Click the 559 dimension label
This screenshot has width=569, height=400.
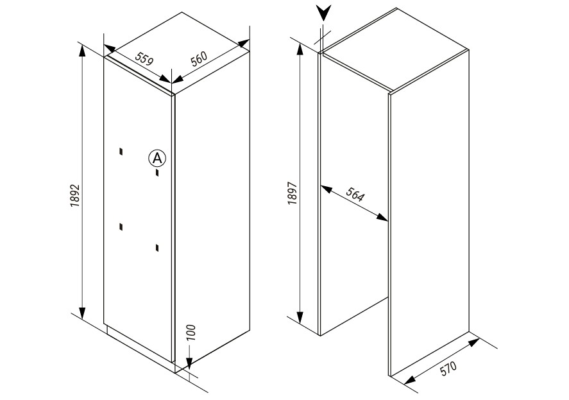pos(144,58)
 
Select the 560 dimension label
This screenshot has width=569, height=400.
pos(200,58)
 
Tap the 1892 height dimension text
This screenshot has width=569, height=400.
pos(75,196)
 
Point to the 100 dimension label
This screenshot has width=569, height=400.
pos(192,332)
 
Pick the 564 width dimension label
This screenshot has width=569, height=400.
pos(354,195)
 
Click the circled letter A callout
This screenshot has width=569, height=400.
pos(157,158)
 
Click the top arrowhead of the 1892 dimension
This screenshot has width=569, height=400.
pos(82,51)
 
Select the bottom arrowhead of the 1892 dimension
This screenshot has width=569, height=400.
pos(82,313)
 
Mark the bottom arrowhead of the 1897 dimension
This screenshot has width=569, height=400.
pos(300,318)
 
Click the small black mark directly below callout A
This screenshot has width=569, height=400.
pos(157,172)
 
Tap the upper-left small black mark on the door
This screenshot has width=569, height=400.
pos(121,152)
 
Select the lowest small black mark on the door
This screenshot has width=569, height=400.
pos(157,248)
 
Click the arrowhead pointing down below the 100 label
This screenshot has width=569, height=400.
pos(189,363)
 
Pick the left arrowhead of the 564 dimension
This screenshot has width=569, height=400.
pos(327,189)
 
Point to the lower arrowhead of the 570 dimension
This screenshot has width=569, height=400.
pos(409,379)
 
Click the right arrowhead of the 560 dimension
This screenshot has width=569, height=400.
pos(244,43)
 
